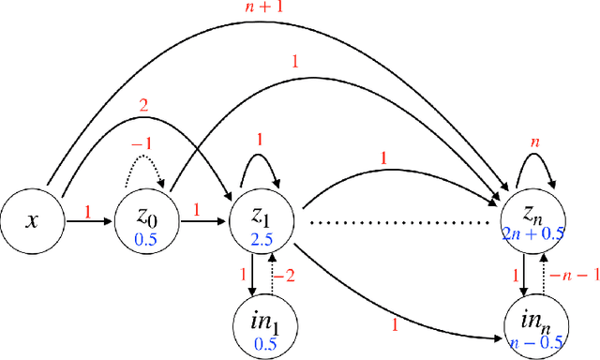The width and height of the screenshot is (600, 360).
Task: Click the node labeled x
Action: pos(33,222)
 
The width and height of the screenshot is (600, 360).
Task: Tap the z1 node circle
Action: pos(262,222)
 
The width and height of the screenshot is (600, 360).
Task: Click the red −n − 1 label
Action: pos(568,274)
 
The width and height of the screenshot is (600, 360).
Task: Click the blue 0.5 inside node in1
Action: pos(262,342)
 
